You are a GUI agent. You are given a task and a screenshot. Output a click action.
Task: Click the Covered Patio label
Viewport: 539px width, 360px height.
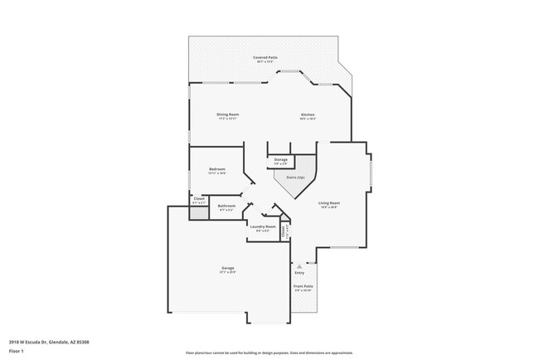(266, 57)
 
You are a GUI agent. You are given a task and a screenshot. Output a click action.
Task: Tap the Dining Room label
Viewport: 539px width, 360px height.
(228, 114)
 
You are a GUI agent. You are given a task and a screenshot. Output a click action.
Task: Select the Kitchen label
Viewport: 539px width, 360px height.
(307, 114)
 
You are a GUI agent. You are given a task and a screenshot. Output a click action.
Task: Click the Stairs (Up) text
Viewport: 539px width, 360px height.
(295, 177)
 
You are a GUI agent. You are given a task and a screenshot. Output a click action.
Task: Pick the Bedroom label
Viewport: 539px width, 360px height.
(217, 169)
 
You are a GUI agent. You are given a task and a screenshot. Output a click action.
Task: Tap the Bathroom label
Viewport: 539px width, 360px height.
(226, 206)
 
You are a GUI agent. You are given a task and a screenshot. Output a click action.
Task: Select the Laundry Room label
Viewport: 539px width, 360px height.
(264, 226)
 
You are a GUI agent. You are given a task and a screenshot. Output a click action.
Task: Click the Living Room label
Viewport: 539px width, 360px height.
(329, 202)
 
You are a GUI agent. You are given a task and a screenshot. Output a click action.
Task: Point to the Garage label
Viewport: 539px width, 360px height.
(227, 268)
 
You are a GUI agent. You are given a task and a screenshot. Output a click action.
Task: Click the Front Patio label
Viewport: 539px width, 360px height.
(302, 286)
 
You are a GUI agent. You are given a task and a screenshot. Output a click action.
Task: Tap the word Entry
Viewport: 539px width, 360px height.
(299, 273)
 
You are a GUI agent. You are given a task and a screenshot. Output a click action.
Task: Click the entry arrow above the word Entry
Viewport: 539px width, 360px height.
(299, 266)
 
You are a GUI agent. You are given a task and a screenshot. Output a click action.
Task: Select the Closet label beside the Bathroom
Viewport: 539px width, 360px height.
(199, 198)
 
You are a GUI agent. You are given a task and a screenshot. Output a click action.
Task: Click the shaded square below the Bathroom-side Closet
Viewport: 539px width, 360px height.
(198, 212)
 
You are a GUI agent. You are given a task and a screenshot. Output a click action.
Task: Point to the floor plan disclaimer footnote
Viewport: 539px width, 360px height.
(269, 353)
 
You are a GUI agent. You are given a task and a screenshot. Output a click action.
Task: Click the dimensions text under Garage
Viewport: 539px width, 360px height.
(227, 273)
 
